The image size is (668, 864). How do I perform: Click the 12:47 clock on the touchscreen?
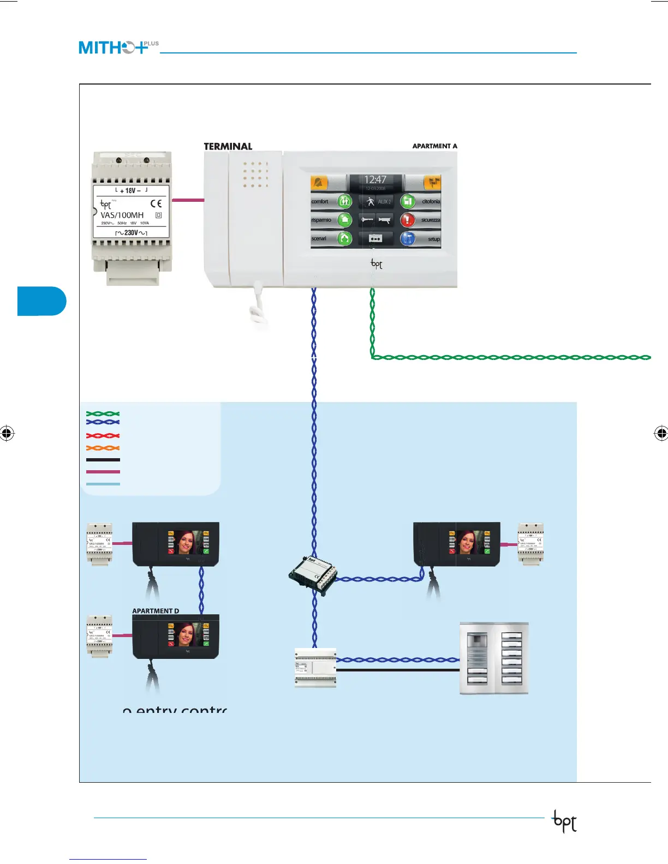375,179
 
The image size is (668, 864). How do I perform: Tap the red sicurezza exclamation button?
407,220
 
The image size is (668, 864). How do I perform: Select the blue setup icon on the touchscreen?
408,239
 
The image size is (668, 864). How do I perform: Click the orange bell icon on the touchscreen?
319,182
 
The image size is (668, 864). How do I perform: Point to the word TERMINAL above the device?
228,146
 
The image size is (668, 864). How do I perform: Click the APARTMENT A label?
434,146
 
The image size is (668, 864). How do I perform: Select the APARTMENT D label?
156,611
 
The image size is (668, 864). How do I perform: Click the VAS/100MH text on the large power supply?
122,215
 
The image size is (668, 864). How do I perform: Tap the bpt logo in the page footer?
564,821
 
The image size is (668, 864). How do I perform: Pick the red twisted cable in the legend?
103,436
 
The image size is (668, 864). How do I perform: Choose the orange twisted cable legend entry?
103,448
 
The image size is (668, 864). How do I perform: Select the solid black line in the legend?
103,460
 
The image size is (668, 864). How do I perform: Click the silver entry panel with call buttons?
494,658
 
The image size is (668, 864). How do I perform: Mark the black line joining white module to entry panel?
398,670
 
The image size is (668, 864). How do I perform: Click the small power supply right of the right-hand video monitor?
530,544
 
